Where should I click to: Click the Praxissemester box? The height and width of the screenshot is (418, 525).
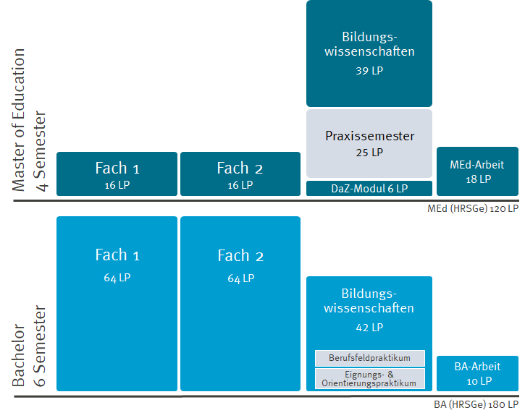click(x=369, y=143)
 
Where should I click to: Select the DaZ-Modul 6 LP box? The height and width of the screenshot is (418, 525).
click(x=369, y=189)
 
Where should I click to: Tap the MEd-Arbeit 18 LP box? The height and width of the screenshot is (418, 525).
click(x=476, y=171)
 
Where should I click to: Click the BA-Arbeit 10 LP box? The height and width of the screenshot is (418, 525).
click(x=476, y=373)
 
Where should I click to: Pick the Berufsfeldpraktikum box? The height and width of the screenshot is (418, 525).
click(x=369, y=358)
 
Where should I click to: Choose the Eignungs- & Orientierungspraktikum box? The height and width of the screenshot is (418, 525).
click(x=369, y=378)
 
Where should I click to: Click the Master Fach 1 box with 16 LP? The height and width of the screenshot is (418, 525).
click(x=117, y=174)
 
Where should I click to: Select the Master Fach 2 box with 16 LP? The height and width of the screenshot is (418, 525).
click(x=240, y=174)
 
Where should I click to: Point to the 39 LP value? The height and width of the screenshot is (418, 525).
click(x=369, y=72)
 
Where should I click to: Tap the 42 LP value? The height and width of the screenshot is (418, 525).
click(x=369, y=328)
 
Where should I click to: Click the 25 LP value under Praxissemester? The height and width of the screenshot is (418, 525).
click(x=369, y=153)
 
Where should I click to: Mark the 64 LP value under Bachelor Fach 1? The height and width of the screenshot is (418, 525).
click(x=117, y=278)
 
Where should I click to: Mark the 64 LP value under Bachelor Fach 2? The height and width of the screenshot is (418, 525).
click(x=240, y=278)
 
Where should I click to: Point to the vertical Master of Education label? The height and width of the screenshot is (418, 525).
click(x=20, y=119)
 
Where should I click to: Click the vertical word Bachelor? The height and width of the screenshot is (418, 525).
click(x=20, y=354)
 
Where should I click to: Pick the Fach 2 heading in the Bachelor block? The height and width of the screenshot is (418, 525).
click(x=240, y=256)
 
